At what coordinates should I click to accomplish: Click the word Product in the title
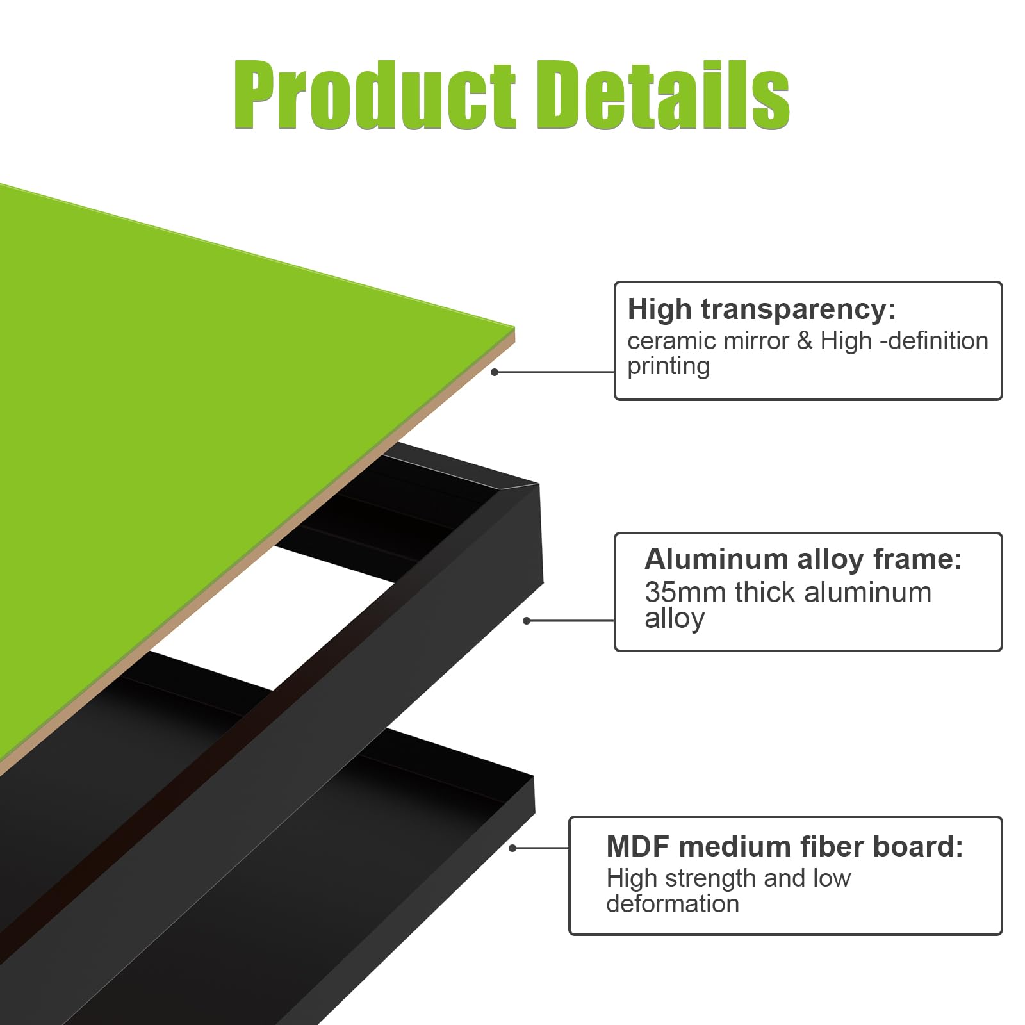click(375, 95)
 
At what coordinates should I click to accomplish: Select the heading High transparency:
click(762, 309)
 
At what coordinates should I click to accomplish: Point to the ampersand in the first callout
click(805, 341)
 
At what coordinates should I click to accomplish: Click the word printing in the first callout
click(668, 367)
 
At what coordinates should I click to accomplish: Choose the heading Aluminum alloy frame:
click(803, 559)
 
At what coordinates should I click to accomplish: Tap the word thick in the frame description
click(766, 593)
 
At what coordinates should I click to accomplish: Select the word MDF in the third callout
click(638, 847)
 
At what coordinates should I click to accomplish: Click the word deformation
click(673, 904)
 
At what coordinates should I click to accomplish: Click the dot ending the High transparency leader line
click(495, 372)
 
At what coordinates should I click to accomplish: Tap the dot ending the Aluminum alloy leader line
click(527, 620)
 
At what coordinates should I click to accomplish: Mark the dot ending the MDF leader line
click(512, 848)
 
